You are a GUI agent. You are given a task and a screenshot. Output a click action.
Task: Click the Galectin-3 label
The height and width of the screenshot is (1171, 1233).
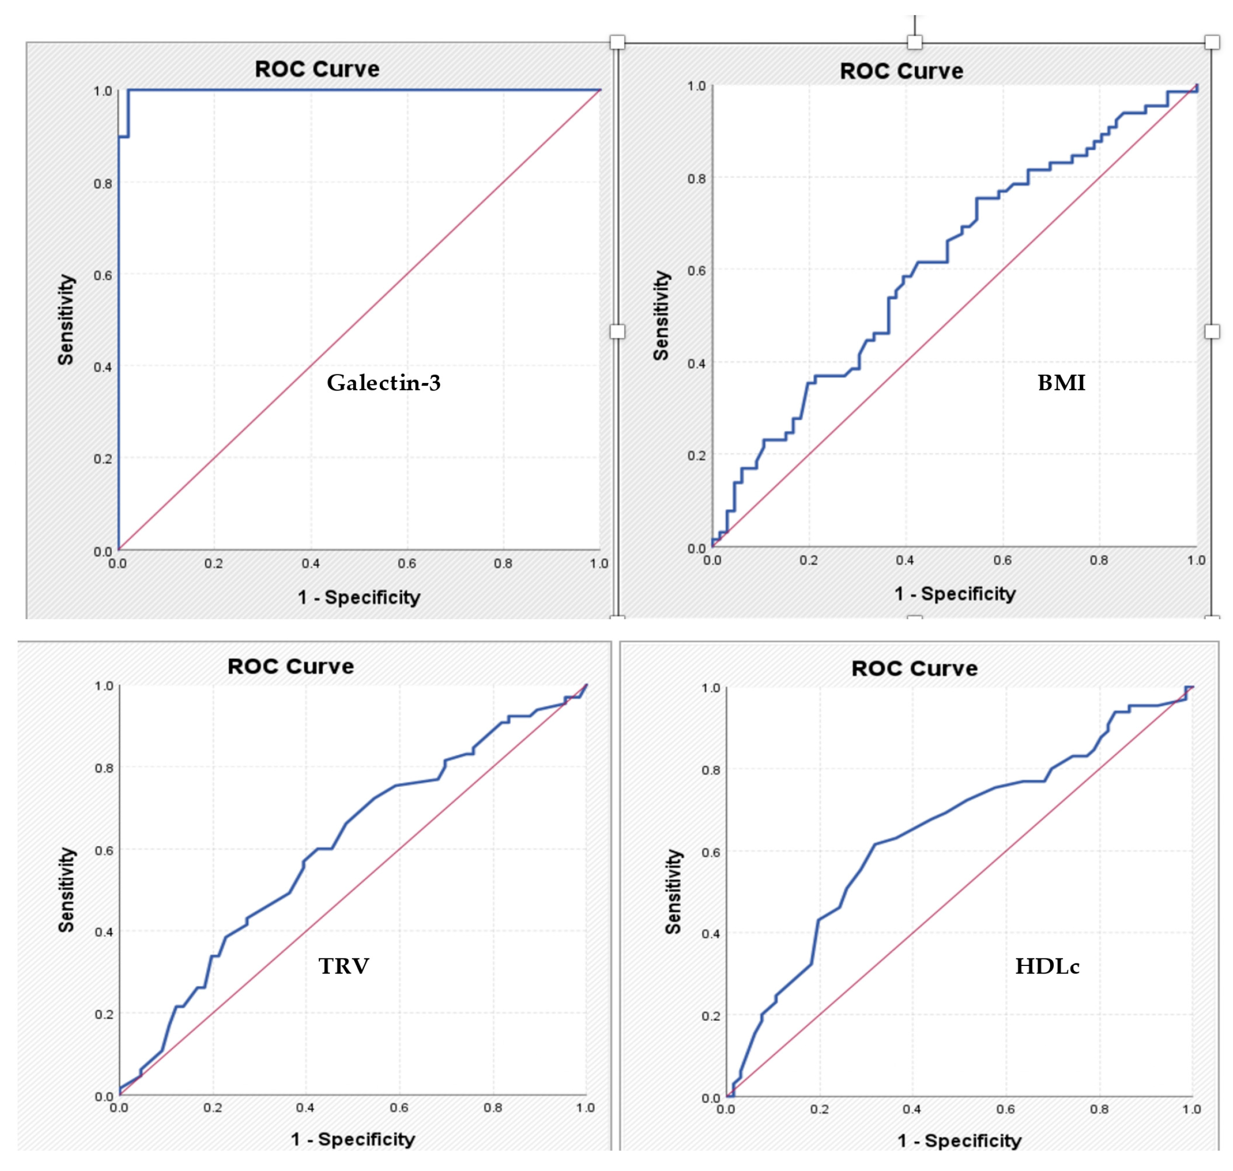pos(383,382)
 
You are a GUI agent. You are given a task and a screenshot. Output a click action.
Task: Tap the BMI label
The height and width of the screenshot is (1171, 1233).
pos(1061,382)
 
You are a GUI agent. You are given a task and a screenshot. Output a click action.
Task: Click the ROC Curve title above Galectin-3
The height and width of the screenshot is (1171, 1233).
pos(317,69)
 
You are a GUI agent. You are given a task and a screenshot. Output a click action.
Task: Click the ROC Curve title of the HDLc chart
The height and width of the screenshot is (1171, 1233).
pos(914,669)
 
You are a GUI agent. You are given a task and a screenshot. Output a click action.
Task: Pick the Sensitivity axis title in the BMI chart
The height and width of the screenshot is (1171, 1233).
pos(660,315)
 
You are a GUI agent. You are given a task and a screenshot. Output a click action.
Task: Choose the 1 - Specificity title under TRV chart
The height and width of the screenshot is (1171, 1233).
pos(353,1139)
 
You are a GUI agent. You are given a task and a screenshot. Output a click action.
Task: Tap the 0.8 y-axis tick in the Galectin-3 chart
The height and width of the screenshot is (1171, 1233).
pos(103,183)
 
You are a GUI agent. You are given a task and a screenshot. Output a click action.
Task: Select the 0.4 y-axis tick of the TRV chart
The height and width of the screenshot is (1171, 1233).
pos(104,932)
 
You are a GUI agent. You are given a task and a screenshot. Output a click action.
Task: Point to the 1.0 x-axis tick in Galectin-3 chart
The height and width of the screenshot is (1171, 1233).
pos(598,564)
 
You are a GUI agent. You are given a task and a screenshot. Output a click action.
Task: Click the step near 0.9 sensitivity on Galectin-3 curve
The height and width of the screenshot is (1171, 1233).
pos(123,136)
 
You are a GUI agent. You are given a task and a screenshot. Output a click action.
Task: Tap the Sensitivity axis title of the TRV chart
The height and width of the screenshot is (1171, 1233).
pos(66,889)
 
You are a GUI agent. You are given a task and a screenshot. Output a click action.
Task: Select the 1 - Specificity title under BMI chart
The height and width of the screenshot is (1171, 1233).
pos(954,594)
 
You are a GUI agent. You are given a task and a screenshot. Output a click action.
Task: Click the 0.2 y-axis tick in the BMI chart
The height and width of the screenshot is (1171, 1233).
pos(697,455)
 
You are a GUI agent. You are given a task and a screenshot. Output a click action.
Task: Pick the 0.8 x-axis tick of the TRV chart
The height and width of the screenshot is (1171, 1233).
pos(492,1108)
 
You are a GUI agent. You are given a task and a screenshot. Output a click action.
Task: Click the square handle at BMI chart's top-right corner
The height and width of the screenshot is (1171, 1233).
pos(1211,42)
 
